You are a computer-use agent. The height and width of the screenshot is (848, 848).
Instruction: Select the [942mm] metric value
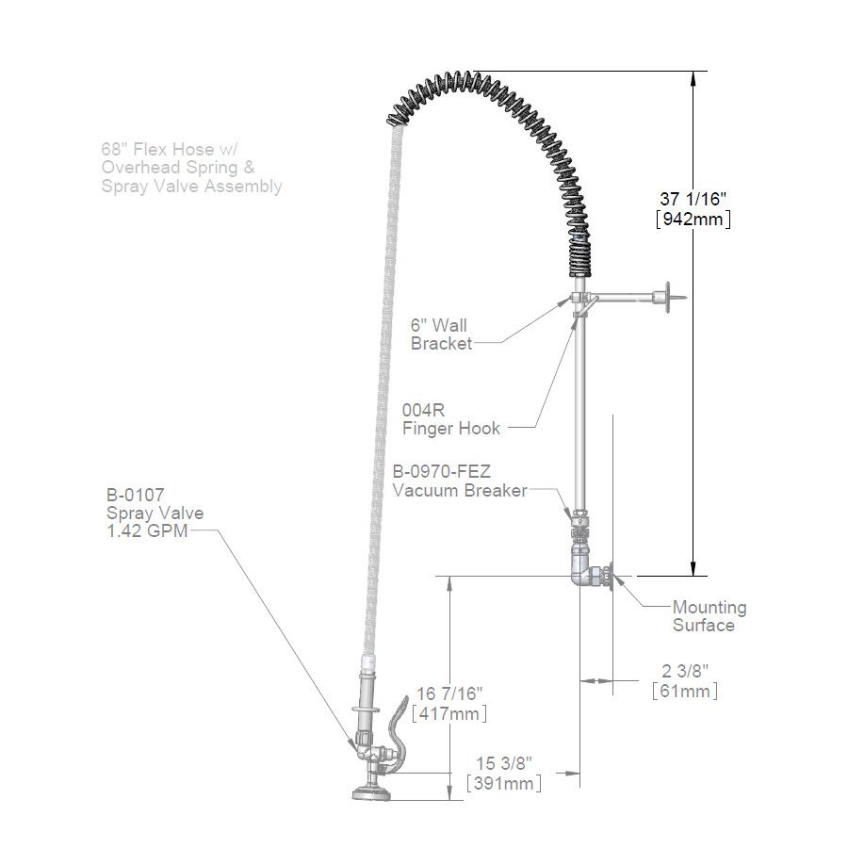695,219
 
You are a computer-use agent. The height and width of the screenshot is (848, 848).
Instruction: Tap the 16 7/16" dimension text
449,693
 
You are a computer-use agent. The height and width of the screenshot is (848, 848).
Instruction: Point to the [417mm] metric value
449,714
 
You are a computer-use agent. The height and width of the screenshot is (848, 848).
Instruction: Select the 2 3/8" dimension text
685,670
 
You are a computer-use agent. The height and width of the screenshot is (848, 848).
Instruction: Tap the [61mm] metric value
685,691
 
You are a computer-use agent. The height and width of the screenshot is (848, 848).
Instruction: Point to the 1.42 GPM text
147,530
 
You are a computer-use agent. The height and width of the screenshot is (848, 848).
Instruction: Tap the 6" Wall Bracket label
441,334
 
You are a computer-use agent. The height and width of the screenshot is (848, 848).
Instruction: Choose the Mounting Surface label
709,616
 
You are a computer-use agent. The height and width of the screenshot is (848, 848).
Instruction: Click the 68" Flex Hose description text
191,167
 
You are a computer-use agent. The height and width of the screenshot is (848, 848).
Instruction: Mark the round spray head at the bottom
374,794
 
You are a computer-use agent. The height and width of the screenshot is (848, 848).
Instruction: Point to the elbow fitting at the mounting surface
585,571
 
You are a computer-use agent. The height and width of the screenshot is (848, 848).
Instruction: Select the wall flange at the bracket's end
667,298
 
